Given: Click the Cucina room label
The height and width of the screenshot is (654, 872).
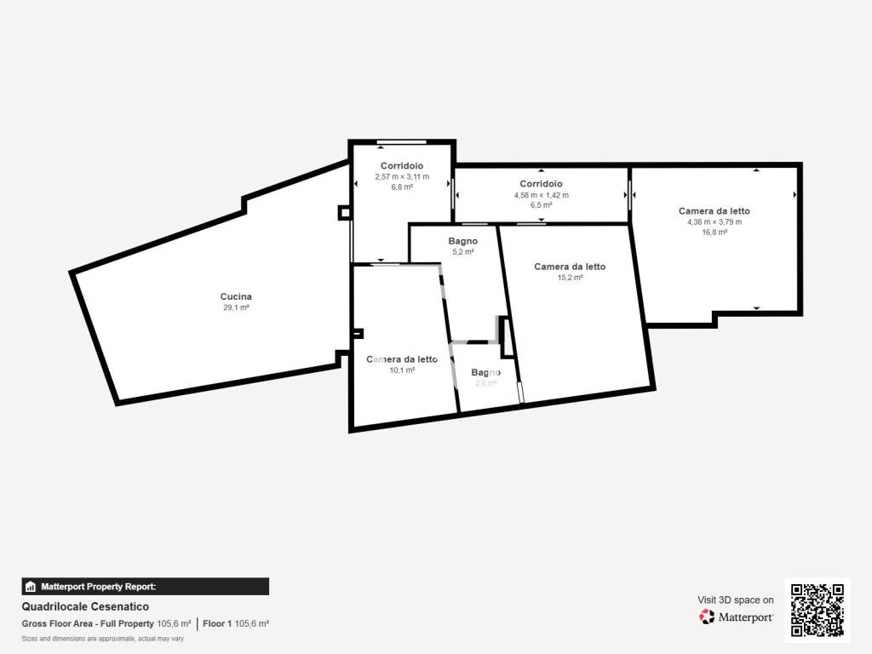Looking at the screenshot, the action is coord(236,296).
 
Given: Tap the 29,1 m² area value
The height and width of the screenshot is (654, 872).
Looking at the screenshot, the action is coord(236,307).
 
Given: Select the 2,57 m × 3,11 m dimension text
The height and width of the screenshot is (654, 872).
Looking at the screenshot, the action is coord(402,177).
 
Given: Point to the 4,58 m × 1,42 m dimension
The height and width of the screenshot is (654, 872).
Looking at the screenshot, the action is coord(541,195).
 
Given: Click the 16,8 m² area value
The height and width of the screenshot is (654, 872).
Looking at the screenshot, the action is coord(714,232).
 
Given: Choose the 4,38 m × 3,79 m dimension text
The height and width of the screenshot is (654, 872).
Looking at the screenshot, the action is coord(714,222).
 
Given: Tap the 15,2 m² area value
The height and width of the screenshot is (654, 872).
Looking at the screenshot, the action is coord(570,278).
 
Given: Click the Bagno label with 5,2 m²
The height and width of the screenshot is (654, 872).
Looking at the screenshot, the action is coord(462,241).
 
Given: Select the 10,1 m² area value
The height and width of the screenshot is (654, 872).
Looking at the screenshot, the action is coord(402,370).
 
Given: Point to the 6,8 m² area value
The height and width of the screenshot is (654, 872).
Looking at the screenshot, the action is coord(402,187).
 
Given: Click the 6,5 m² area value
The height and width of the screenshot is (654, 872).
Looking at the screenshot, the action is coord(541,205).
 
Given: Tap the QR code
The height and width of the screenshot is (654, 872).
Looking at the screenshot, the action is coord(817,610).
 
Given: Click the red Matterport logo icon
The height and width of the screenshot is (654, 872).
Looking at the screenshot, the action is coord(707,617).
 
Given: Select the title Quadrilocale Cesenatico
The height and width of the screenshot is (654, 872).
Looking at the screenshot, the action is coord(85,606).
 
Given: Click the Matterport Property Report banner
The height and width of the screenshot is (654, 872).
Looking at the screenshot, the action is coord(145,587).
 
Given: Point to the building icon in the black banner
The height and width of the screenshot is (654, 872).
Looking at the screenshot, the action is coord(31,587).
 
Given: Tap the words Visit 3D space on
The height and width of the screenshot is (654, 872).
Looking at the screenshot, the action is coord(736,600).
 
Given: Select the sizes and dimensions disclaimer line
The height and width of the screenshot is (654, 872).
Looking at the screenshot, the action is coord(103,639).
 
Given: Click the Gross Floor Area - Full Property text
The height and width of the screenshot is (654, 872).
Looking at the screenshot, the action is coord(88,624).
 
